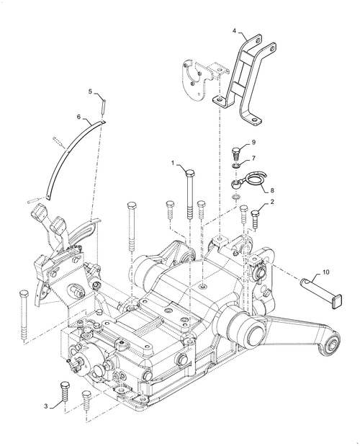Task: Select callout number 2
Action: click(273, 203)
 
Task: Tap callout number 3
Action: click(45, 406)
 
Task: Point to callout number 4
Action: click(234, 31)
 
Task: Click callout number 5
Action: click(91, 92)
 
